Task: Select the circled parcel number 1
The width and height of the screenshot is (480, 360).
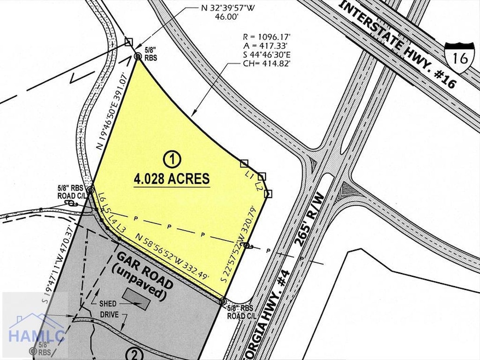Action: tap(172, 160)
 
